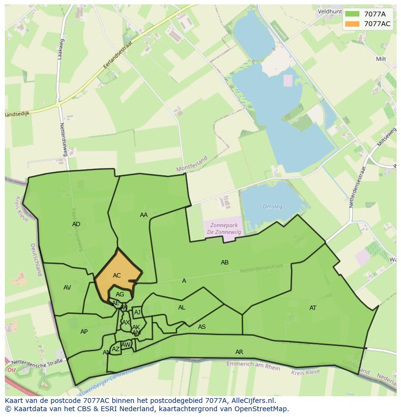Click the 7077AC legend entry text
pos(377,24)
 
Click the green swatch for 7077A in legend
pos(353,14)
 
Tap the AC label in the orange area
pos(117,276)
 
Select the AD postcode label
pos(76,224)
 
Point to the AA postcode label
pos(144,215)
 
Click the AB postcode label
pos(225,263)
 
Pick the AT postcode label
pos(313,308)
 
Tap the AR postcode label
pos(239,352)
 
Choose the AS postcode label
pos(202,327)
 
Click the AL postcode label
pos(182,308)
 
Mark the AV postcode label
pos(67,288)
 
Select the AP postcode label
pos(84,332)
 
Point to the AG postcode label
pos(120,294)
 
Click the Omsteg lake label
pos(272,207)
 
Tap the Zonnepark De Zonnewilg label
pos(224,229)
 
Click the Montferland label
pos(192,164)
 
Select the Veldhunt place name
pos(331,11)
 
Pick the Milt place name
pos(381,59)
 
